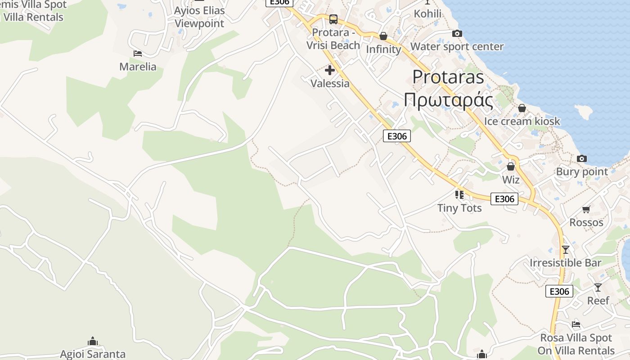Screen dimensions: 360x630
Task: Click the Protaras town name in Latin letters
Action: pos(448,77)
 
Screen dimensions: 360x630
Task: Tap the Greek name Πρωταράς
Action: pos(448,100)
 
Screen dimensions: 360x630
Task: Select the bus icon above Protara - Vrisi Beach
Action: pos(333,19)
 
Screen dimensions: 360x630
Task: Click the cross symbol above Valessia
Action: pos(330,70)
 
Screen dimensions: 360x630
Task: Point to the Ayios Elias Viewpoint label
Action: pos(199,17)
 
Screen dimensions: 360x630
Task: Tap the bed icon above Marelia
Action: pos(138,54)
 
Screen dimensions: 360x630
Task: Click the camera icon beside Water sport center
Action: pos(457,34)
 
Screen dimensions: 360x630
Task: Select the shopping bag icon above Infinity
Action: pos(383,36)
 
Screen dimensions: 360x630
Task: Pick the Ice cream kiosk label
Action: pos(522,121)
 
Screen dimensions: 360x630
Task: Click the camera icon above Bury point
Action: pos(582,158)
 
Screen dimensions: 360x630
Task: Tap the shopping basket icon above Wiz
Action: pos(511,167)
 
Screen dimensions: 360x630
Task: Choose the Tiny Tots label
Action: pos(459,208)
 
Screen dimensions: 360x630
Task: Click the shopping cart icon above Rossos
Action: pos(586,209)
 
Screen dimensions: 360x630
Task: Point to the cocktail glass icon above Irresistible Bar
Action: pos(566,249)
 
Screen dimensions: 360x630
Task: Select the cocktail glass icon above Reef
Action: pos(598,287)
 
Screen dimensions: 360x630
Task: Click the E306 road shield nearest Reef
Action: pos(559,291)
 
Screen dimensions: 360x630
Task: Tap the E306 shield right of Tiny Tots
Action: pos(504,198)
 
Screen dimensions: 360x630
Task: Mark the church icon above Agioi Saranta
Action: pos(93,341)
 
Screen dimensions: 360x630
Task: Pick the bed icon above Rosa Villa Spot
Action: pos(576,324)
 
